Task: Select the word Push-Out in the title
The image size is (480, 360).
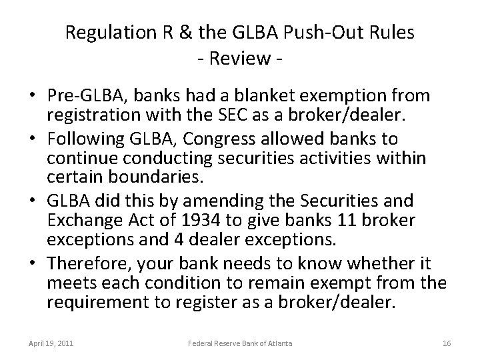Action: click(317, 33)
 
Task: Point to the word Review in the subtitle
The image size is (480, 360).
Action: click(239, 60)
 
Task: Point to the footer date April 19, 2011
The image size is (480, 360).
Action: click(51, 343)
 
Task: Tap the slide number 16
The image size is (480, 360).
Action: click(447, 343)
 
